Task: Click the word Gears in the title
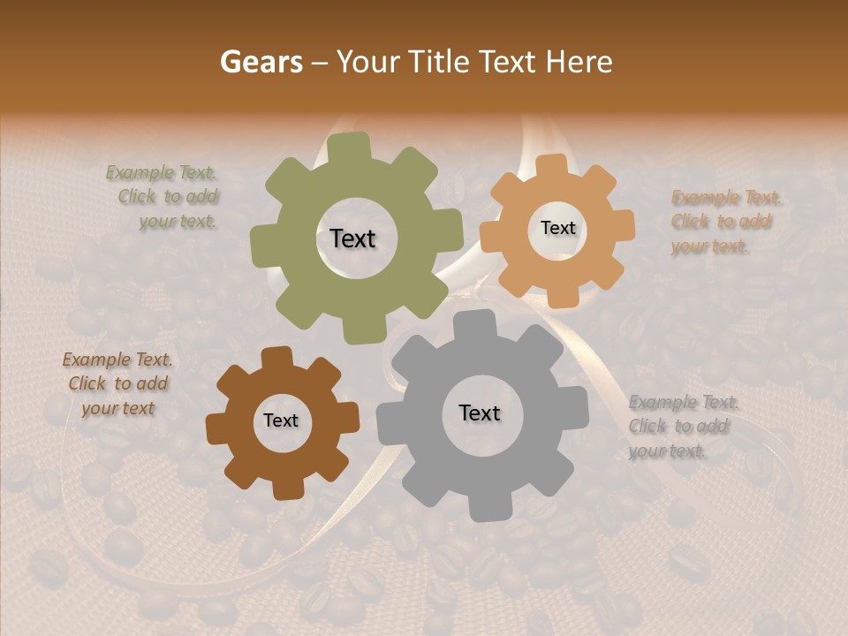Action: click(x=261, y=62)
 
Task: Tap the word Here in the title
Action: click(x=579, y=62)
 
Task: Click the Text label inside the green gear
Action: click(x=352, y=238)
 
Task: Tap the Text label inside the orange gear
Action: click(x=557, y=228)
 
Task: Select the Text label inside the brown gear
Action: click(x=281, y=420)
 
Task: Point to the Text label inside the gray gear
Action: click(x=480, y=413)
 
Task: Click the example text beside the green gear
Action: click(x=164, y=197)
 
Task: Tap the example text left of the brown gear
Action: click(x=117, y=384)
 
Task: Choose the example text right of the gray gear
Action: click(x=682, y=427)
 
